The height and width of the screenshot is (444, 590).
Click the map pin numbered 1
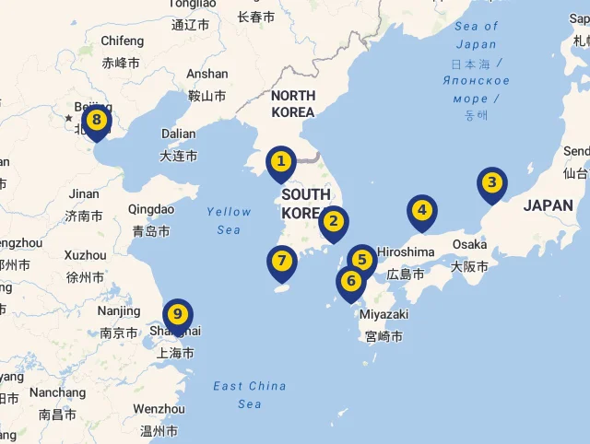click(281, 162)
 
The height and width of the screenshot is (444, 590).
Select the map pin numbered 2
click(334, 221)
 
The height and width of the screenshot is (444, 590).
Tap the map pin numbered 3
click(492, 182)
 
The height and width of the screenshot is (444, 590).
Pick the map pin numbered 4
click(422, 210)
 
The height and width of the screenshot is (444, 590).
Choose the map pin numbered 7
click(282, 262)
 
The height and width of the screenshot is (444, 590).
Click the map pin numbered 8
click(96, 120)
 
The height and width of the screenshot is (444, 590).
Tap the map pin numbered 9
click(178, 314)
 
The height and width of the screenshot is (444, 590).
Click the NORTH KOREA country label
click(293, 103)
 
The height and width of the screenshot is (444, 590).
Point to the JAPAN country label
click(548, 205)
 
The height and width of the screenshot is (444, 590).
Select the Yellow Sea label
click(229, 220)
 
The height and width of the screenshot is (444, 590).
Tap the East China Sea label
click(250, 394)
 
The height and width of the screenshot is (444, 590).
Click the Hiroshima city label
click(406, 251)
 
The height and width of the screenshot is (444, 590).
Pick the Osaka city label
click(469, 244)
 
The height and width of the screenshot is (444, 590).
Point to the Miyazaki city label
click(383, 314)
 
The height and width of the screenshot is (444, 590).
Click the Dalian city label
click(178, 134)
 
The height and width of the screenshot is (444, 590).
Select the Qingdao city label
click(151, 209)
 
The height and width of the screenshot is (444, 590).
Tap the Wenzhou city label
click(159, 408)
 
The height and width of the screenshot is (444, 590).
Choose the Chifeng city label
click(122, 41)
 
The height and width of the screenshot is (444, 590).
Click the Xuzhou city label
click(85, 254)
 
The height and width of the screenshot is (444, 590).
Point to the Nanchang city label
click(57, 392)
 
